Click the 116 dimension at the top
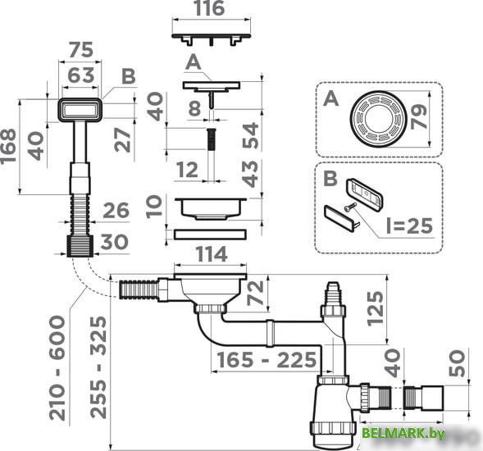tap(209, 11)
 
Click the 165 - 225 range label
tap(266, 360)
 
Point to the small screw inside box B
tap(350, 207)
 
